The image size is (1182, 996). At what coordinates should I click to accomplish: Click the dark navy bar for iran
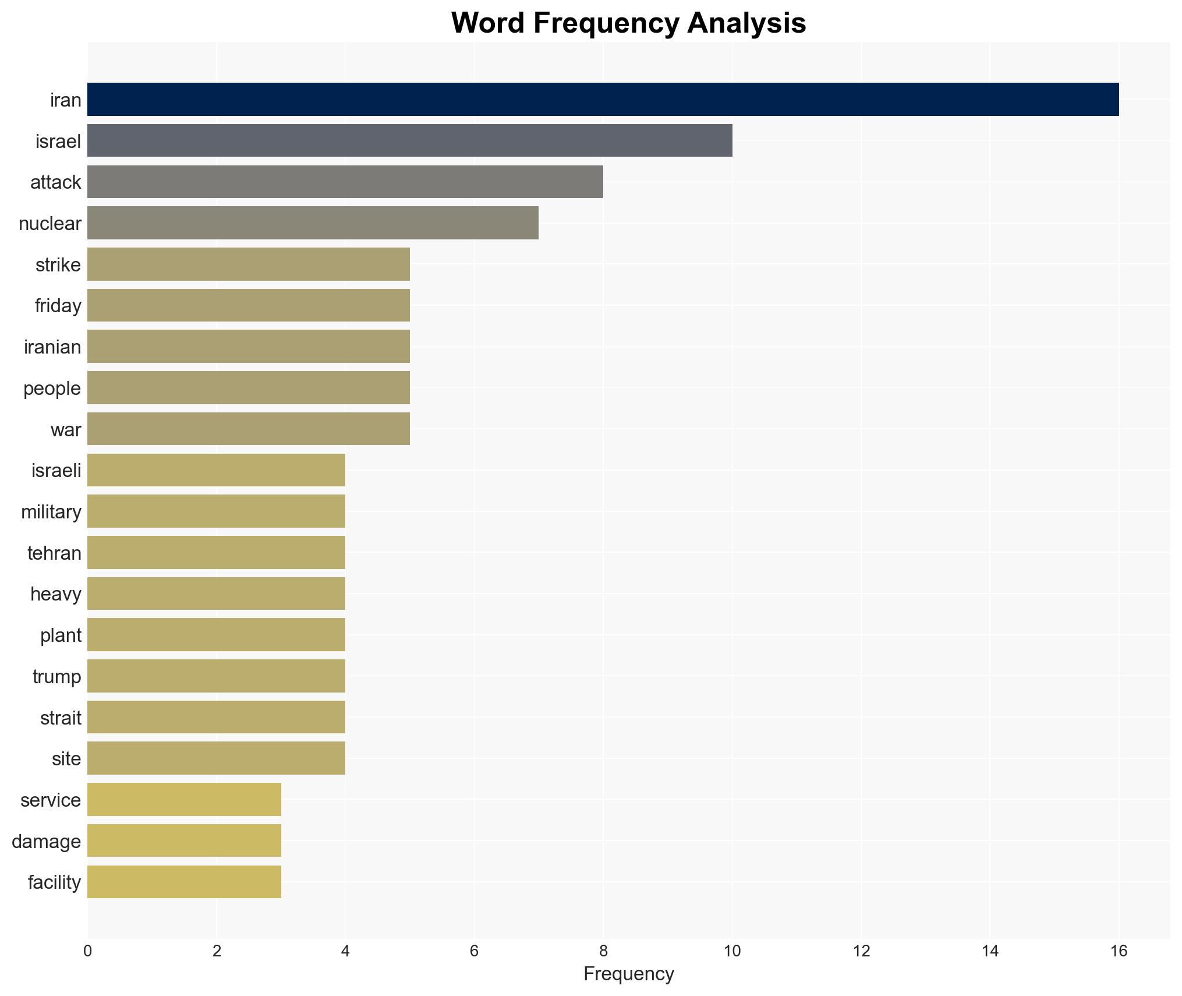tap(603, 100)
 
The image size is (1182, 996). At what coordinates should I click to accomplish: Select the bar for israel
tap(409, 140)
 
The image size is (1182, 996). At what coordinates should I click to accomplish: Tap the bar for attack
tap(345, 182)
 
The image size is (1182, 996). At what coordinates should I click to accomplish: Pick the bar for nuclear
tap(313, 223)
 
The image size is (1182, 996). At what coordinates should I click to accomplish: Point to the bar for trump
tap(216, 676)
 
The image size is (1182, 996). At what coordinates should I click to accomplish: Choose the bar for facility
tap(184, 882)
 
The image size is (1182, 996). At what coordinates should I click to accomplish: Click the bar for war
tap(248, 429)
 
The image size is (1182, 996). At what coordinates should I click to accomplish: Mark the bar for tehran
tap(216, 553)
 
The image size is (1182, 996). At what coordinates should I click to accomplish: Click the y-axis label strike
tap(58, 265)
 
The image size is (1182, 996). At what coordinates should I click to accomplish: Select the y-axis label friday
tap(58, 306)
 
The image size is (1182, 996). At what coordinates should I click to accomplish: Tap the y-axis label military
tap(51, 512)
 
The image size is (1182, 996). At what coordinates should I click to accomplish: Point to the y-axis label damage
tap(46, 842)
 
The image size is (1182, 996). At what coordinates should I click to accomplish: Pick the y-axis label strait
tap(61, 718)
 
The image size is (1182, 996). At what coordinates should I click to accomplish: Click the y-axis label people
tap(52, 388)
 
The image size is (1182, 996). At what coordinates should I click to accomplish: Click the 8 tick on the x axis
tap(603, 951)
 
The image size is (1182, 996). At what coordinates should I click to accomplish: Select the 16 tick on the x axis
tap(1119, 951)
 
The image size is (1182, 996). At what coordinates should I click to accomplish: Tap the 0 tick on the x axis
tap(87, 951)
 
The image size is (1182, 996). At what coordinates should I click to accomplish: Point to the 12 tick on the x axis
tap(861, 951)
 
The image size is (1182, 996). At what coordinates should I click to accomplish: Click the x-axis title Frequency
tap(628, 974)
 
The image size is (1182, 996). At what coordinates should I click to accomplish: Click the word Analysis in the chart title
tap(746, 23)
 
